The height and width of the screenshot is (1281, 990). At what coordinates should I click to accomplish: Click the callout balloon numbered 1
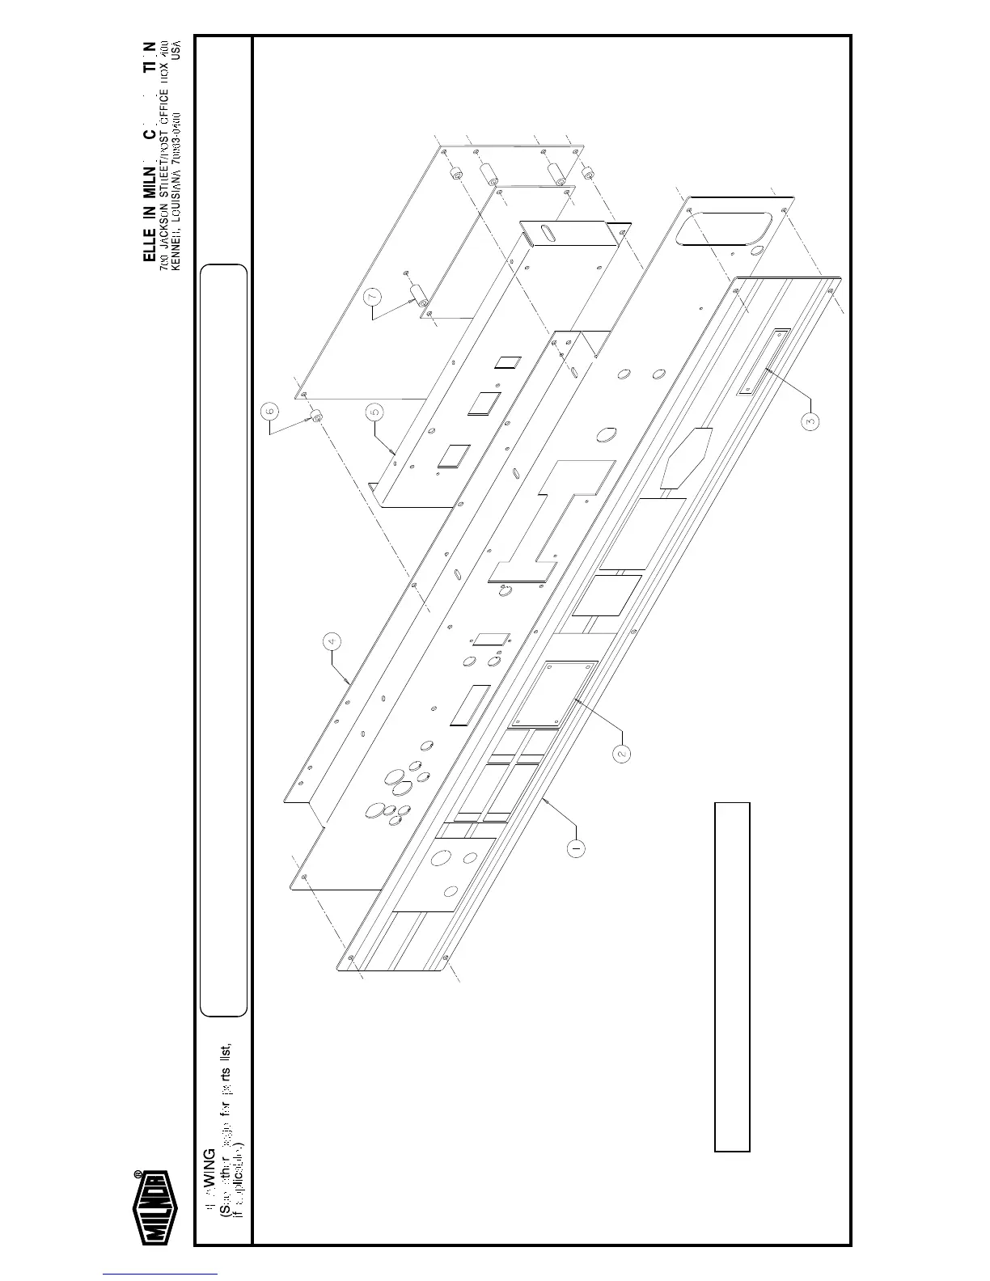pyautogui.click(x=575, y=849)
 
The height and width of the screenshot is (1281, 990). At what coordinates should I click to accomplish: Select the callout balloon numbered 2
pyautogui.click(x=621, y=752)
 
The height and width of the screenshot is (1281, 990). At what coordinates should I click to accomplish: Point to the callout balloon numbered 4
pyautogui.click(x=330, y=641)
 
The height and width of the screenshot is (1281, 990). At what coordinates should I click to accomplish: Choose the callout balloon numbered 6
pyautogui.click(x=270, y=411)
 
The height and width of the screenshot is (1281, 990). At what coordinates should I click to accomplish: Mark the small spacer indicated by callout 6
pyautogui.click(x=316, y=416)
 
